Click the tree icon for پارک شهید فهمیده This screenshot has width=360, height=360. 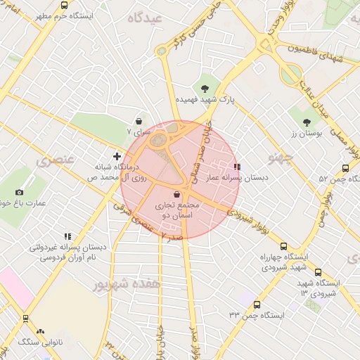point(205,89)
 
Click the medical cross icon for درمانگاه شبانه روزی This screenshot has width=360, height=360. point(117,155)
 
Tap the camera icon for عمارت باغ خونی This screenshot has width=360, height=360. point(19,192)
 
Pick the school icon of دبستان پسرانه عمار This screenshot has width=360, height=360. point(236,167)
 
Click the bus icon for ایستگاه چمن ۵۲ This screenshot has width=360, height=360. point(345,168)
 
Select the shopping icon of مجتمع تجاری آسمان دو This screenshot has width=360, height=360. point(176,194)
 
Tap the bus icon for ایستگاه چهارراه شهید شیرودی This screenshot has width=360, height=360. point(283,246)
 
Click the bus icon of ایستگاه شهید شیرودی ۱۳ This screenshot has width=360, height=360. point(318,272)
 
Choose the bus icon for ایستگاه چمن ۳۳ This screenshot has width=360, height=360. point(257,305)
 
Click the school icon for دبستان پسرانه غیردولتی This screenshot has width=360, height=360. point(67,237)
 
